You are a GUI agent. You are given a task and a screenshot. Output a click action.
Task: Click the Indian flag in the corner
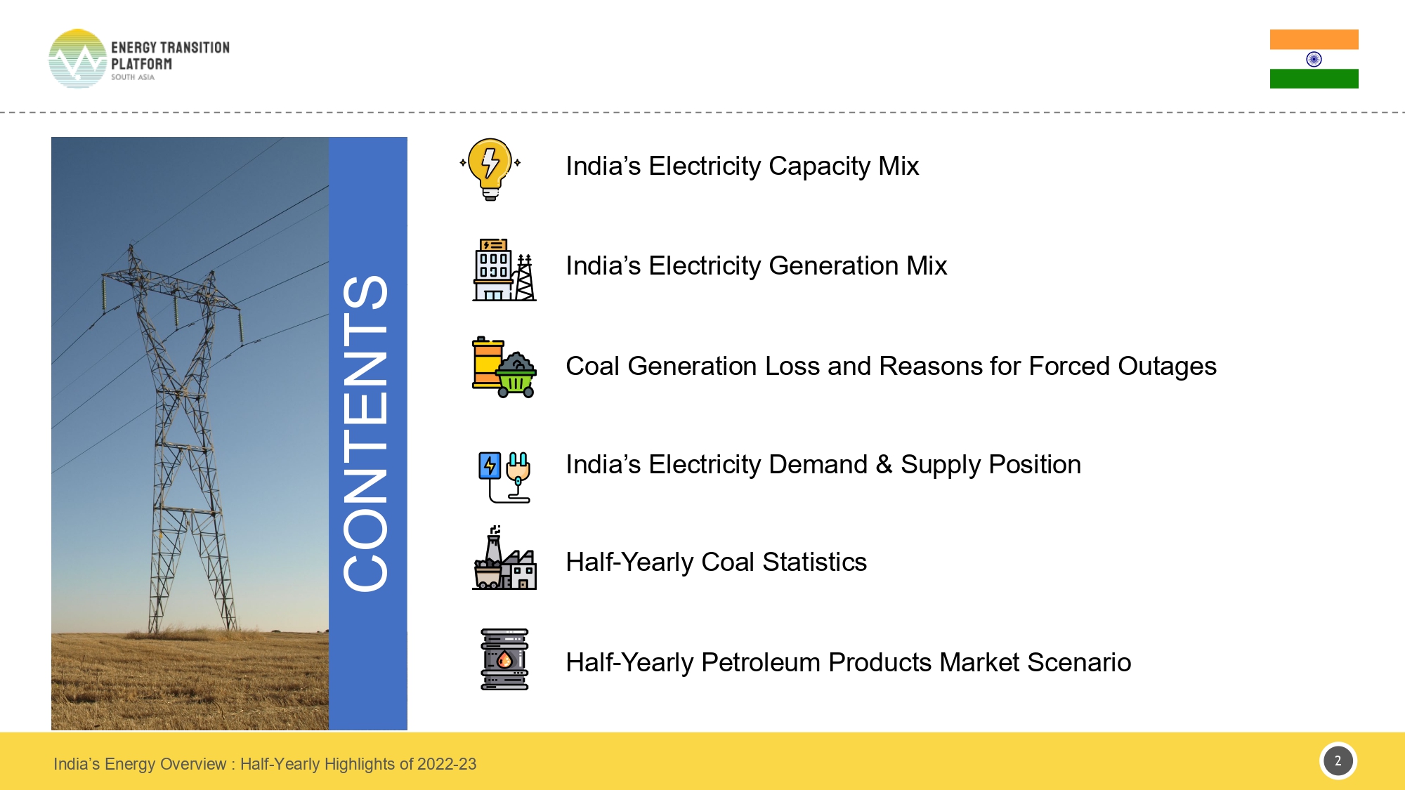click(1314, 59)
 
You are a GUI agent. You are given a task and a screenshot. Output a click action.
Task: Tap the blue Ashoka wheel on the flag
click(1314, 59)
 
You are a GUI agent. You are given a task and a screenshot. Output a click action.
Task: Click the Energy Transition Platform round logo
click(77, 59)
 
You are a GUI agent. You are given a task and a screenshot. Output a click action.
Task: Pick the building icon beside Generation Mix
click(504, 270)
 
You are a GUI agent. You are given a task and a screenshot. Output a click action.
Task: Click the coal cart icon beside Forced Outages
click(504, 367)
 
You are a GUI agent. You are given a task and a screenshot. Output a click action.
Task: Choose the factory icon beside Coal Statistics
click(504, 560)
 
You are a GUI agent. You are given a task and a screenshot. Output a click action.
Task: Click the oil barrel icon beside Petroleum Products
click(504, 659)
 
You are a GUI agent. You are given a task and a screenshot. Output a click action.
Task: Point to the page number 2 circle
click(1338, 761)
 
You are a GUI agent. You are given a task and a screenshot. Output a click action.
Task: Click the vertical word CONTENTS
click(366, 433)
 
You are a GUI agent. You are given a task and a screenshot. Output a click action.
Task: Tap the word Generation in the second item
click(833, 266)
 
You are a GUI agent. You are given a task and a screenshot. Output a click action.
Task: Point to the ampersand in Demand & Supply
click(884, 464)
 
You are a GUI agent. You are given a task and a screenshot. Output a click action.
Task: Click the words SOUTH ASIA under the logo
click(132, 77)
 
